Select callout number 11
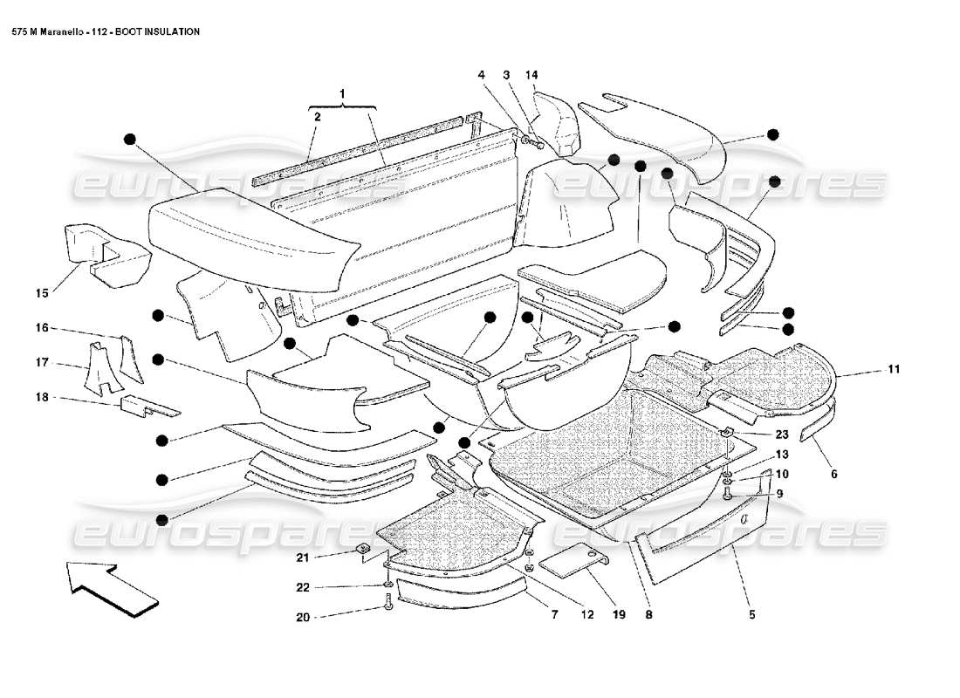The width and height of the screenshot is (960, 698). pyautogui.click(x=893, y=370)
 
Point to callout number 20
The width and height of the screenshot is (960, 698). pyautogui.click(x=303, y=617)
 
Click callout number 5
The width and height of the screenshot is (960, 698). pyautogui.click(x=833, y=474)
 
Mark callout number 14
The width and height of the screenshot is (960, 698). pyautogui.click(x=532, y=75)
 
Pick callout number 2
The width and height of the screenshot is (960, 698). pyautogui.click(x=318, y=115)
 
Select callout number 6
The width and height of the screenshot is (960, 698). pyautogui.click(x=833, y=474)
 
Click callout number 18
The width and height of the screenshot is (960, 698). pyautogui.click(x=41, y=397)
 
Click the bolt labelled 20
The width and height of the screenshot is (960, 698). pyautogui.click(x=387, y=601)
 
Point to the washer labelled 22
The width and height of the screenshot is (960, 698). pyautogui.click(x=387, y=584)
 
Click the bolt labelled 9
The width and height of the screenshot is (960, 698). pyautogui.click(x=728, y=494)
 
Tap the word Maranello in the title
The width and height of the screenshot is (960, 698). pyautogui.click(x=56, y=31)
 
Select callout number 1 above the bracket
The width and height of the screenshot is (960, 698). pyautogui.click(x=343, y=92)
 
